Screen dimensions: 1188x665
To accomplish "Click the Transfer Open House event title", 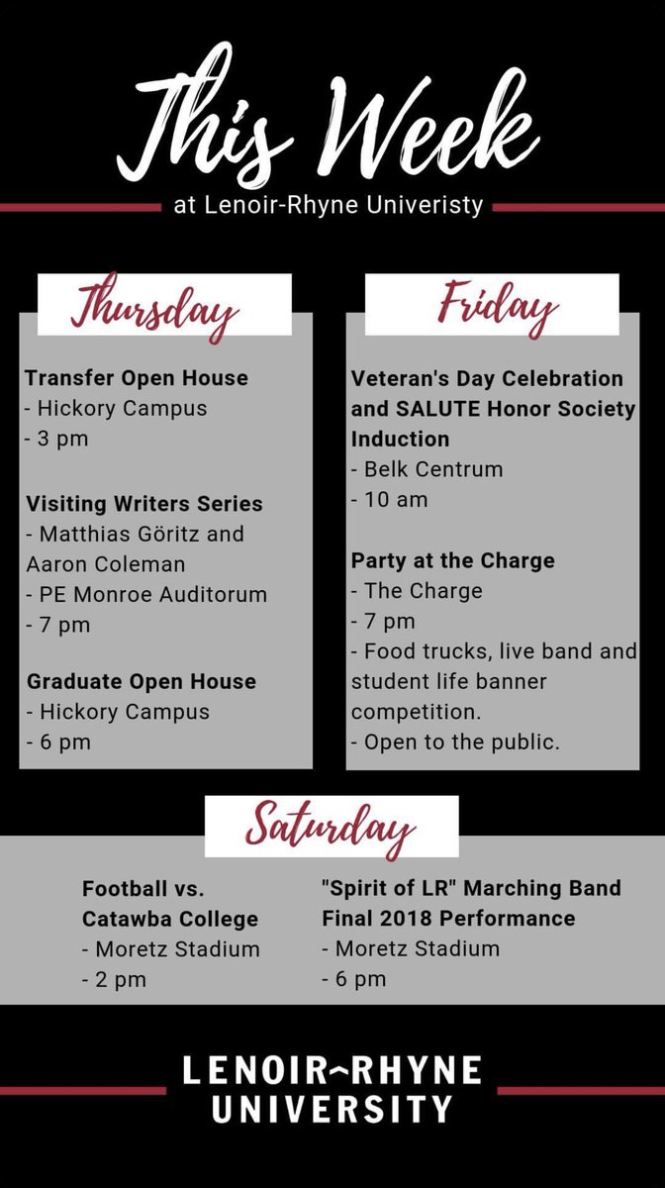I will point(137,378).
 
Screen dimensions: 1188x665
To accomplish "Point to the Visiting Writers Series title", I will point(144,504).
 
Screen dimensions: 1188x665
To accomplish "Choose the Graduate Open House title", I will point(142,681).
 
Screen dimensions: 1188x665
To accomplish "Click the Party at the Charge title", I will point(452,560).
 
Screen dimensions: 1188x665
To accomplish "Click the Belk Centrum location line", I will point(435,470).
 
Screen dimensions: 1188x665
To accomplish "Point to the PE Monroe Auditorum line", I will point(153,595).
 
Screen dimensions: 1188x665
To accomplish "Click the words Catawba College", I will point(170,919).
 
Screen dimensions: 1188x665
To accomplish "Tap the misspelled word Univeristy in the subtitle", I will point(427,206).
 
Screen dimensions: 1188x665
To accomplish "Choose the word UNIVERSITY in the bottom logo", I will point(332,1107).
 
